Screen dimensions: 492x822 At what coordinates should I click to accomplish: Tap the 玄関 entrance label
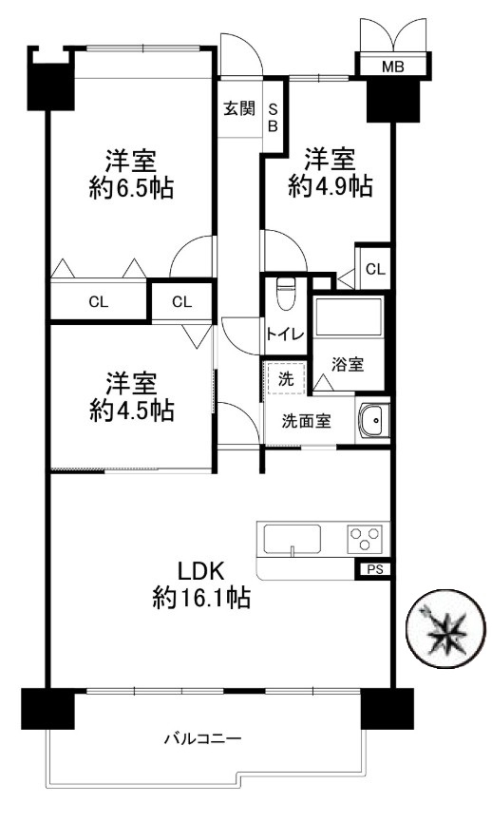[x=239, y=108]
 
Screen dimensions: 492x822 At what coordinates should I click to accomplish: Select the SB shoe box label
[x=273, y=117]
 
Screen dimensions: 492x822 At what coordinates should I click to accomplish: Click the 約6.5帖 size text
[x=131, y=187]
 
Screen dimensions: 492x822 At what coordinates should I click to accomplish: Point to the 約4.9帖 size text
[x=331, y=185]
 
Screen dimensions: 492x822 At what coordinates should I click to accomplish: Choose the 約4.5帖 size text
[x=131, y=411]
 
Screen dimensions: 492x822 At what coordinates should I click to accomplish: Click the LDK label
[x=201, y=571]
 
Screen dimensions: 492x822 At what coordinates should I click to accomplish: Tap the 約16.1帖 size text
[x=201, y=598]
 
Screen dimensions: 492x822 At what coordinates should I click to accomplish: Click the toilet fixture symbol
[x=286, y=293]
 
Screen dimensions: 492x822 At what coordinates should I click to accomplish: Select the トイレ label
[x=285, y=334]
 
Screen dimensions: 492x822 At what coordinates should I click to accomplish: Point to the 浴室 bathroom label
[x=348, y=364]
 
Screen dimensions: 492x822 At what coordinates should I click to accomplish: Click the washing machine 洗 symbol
[x=286, y=378]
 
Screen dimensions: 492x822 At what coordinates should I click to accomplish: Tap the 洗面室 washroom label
[x=307, y=421]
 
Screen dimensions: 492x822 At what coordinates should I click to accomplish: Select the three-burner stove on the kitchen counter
[x=365, y=539]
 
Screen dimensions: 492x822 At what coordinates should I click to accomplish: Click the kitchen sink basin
[x=293, y=539]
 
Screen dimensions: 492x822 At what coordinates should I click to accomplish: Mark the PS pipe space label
[x=374, y=570]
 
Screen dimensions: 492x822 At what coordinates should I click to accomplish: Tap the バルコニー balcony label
[x=203, y=739]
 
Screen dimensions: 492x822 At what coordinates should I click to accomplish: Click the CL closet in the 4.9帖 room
[x=375, y=270]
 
